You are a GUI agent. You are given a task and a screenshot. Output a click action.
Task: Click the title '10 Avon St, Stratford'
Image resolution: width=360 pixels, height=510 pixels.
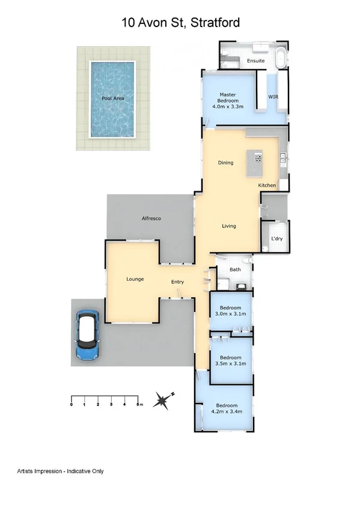(180, 23)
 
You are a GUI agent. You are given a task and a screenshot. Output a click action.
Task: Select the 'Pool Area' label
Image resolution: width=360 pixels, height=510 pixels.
(112, 98)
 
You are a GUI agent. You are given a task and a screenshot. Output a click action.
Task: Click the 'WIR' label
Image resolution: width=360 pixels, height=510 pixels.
(272, 97)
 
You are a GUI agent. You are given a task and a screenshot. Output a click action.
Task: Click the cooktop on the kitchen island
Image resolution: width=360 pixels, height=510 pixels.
(258, 159)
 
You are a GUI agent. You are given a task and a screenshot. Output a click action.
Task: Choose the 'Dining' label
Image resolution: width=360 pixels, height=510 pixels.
(225, 162)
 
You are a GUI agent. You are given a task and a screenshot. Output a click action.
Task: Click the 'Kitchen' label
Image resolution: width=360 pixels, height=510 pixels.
(267, 185)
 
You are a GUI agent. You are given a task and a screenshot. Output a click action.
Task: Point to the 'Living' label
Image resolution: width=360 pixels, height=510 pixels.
(228, 226)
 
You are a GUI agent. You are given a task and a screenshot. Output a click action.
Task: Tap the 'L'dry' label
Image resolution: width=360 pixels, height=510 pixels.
(276, 239)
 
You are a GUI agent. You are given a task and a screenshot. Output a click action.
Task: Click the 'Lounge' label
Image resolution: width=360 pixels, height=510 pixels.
(135, 279)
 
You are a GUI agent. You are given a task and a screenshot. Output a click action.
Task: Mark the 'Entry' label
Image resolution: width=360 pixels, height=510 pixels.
(177, 282)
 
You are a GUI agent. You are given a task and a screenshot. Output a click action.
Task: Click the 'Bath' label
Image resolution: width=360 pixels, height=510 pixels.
(235, 269)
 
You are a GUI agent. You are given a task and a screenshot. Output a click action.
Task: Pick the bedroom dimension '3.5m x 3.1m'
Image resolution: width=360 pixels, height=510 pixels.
(231, 363)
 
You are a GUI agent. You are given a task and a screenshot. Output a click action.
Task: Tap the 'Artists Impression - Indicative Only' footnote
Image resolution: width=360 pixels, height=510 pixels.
(60, 471)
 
